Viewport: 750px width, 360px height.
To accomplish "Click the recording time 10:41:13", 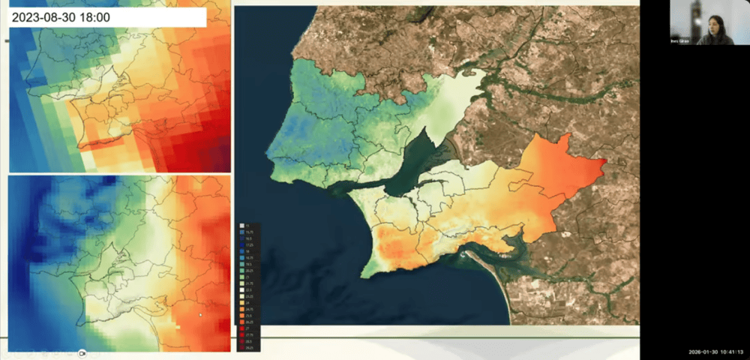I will (730, 352).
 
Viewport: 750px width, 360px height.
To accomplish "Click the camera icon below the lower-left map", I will (83, 352).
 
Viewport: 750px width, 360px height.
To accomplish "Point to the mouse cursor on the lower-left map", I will (199, 316).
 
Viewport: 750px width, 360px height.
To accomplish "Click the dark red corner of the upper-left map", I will (217, 161).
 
